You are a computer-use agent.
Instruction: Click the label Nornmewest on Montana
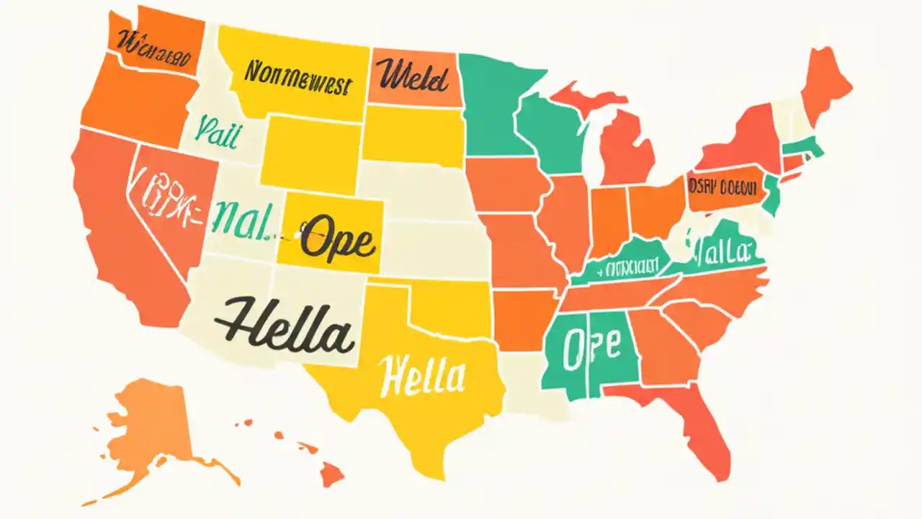click(x=297, y=79)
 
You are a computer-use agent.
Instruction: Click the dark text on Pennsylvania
click(x=724, y=187)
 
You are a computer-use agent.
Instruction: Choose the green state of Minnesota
click(x=493, y=101)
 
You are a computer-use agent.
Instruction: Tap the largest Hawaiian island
click(x=332, y=474)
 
